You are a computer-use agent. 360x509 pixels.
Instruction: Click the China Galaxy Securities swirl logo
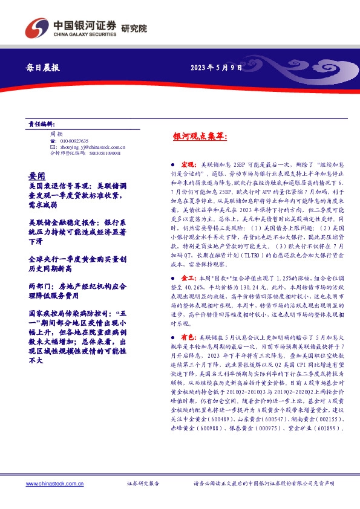click(38, 27)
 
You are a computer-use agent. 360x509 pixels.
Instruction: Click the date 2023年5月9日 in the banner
click(216, 68)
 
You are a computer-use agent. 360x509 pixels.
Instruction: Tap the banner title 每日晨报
click(44, 68)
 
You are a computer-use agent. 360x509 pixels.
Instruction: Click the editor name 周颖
click(56, 133)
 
